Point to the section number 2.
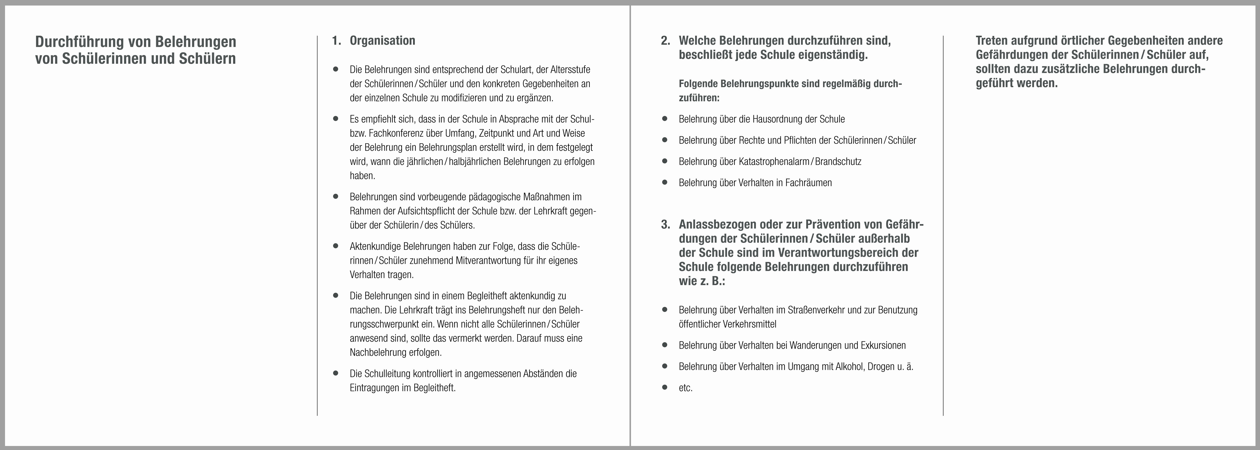pos(665,40)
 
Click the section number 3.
pos(665,224)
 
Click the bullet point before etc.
pos(664,387)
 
